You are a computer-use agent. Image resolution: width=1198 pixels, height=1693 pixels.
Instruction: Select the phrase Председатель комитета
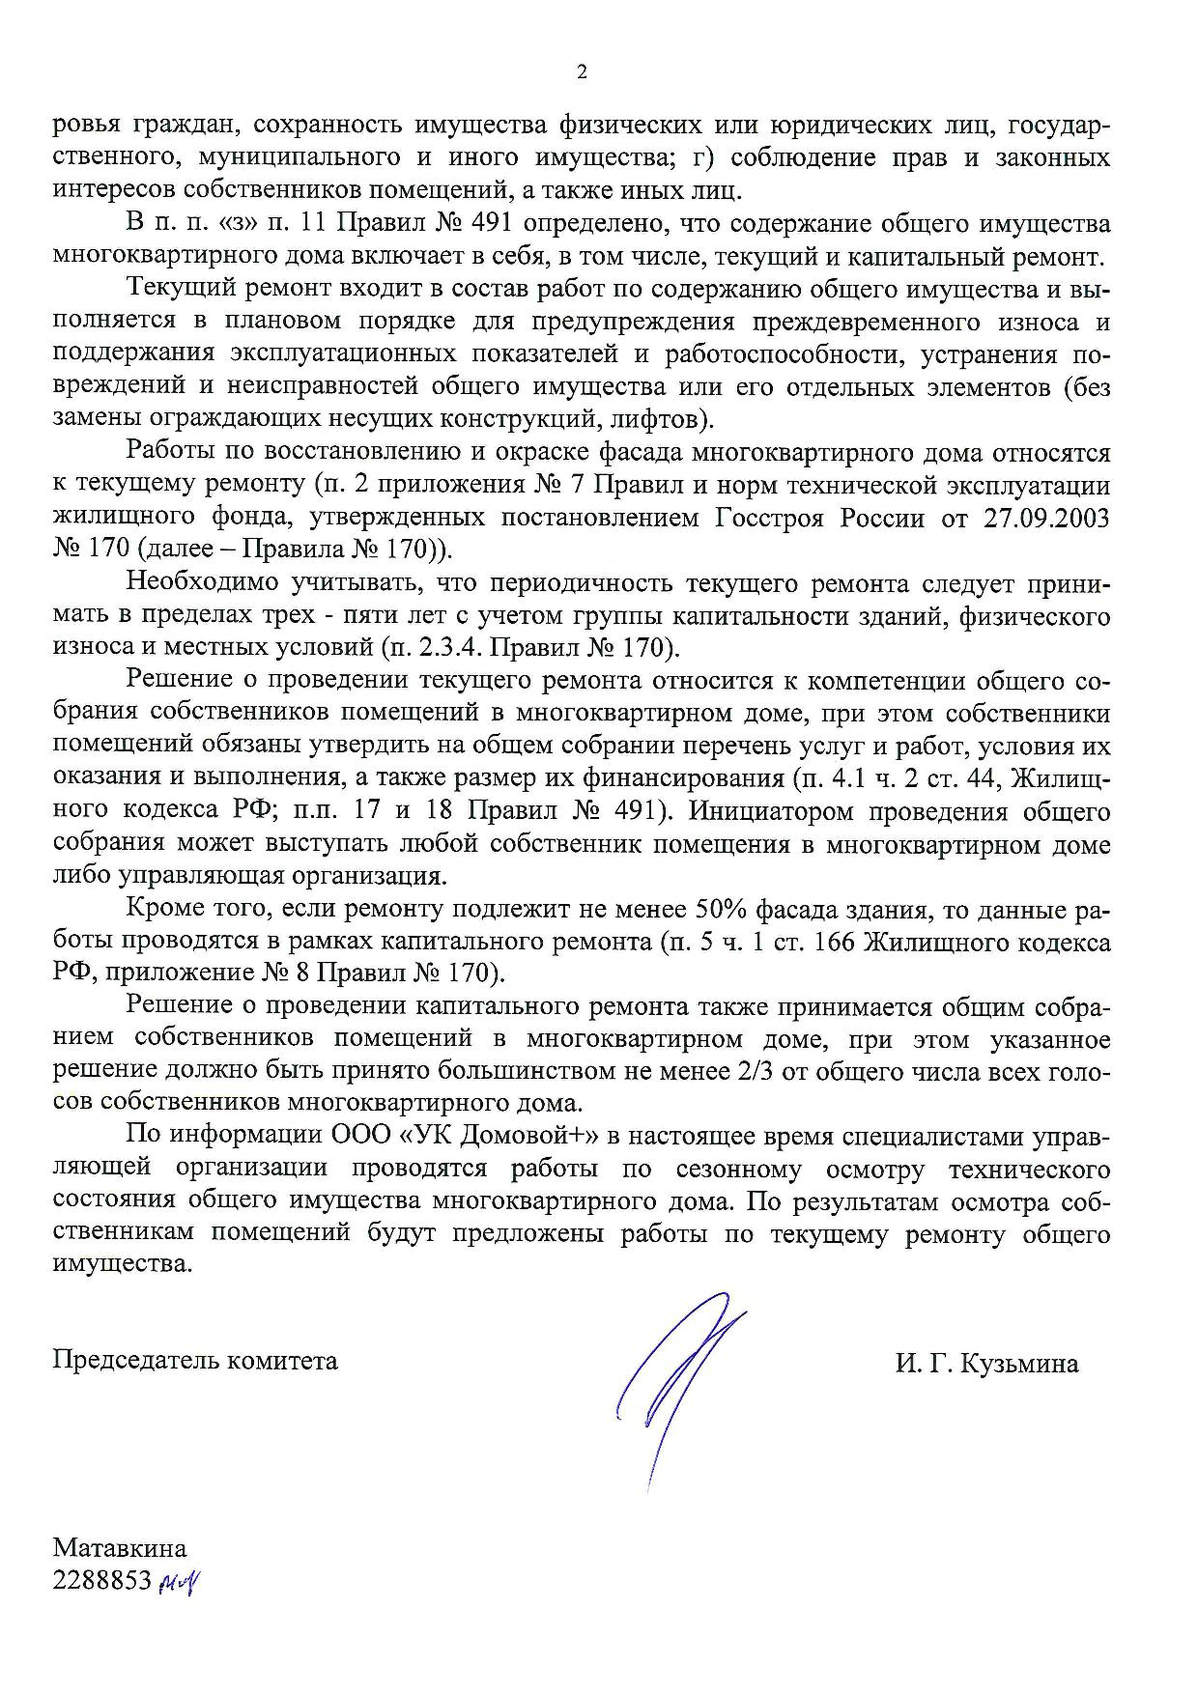click(x=195, y=1360)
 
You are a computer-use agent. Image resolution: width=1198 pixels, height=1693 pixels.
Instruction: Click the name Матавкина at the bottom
click(x=120, y=1548)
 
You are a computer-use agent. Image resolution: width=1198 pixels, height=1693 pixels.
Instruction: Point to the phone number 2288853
click(x=102, y=1580)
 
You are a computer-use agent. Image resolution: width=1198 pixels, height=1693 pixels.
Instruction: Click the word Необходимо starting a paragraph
click(x=202, y=583)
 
